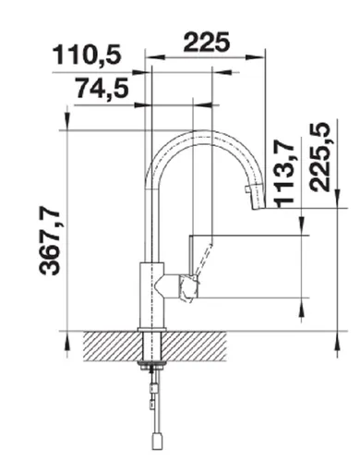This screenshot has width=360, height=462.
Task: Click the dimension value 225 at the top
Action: pyautogui.click(x=209, y=42)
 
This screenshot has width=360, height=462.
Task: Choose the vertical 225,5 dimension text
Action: pyautogui.click(x=322, y=157)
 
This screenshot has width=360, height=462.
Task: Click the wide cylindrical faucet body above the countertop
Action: pyautogui.click(x=149, y=296)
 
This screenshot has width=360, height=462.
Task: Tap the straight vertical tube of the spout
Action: pyautogui.click(x=149, y=222)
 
